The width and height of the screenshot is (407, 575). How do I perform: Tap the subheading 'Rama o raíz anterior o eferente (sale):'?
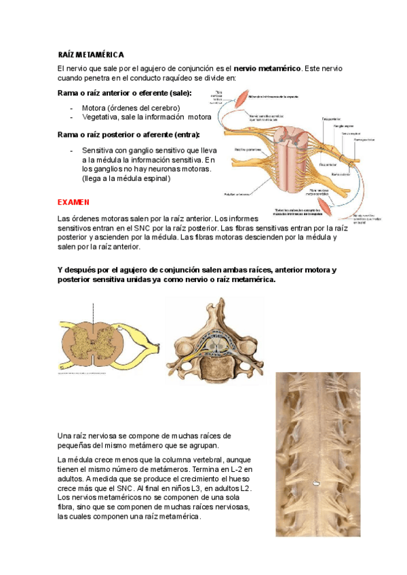tap(125, 93)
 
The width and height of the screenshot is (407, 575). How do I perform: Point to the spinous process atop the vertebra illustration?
tap(214, 312)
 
